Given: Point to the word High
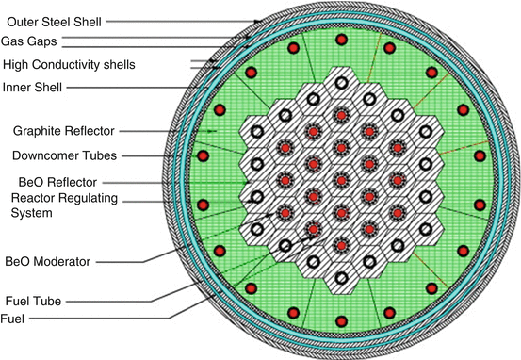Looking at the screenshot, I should coord(16,64).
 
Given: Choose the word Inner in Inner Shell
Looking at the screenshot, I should coord(18,88).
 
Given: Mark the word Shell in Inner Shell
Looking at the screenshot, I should coord(54,88).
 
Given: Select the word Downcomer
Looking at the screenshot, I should coord(48,155).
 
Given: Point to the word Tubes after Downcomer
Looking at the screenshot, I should coord(105,155).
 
